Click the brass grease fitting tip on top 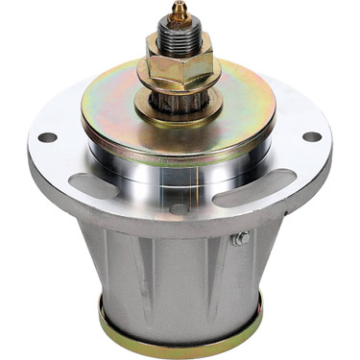pos(178,10)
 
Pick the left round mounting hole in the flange pos(47,137)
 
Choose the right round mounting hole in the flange pos(311,136)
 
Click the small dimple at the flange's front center pos(180,207)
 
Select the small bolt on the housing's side pos(243,239)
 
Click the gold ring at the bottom pos(180,331)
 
